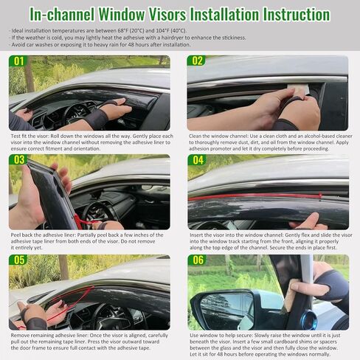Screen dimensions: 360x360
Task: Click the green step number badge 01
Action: tap(19, 60)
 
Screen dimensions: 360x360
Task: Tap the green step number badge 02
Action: tap(198, 60)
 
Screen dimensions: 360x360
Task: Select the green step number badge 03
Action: tap(19, 160)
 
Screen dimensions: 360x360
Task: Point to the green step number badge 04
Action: tap(198, 160)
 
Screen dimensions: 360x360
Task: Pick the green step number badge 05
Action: tap(19, 260)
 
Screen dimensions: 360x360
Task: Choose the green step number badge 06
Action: tap(198, 260)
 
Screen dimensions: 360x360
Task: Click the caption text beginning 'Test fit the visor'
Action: tap(89, 142)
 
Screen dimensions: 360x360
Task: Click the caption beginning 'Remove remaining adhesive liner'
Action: tap(89, 342)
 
